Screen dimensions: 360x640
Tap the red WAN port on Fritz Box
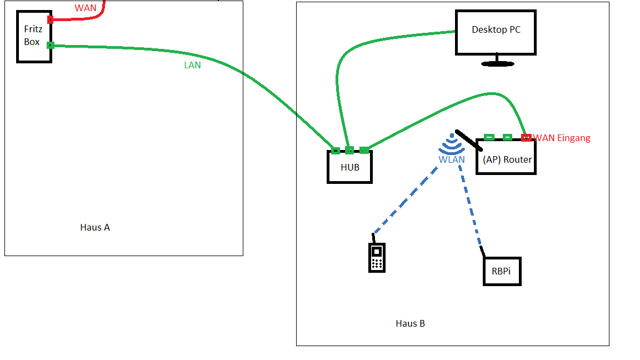tap(50, 20)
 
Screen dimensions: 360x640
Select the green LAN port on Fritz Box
tap(50, 45)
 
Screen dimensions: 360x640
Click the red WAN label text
tap(86, 8)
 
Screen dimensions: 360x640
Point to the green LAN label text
tap(192, 65)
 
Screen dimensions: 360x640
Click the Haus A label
tap(95, 227)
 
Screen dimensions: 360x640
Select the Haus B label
tap(410, 323)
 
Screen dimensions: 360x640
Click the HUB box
tap(349, 167)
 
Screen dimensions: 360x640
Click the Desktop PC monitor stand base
tap(497, 63)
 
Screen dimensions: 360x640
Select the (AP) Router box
tap(506, 159)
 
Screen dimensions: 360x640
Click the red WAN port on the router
tap(526, 137)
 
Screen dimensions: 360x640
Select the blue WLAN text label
tap(451, 159)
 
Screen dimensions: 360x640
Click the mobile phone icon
tap(377, 258)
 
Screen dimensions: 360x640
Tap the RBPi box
tap(502, 272)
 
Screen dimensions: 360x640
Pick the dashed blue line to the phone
tap(406, 201)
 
